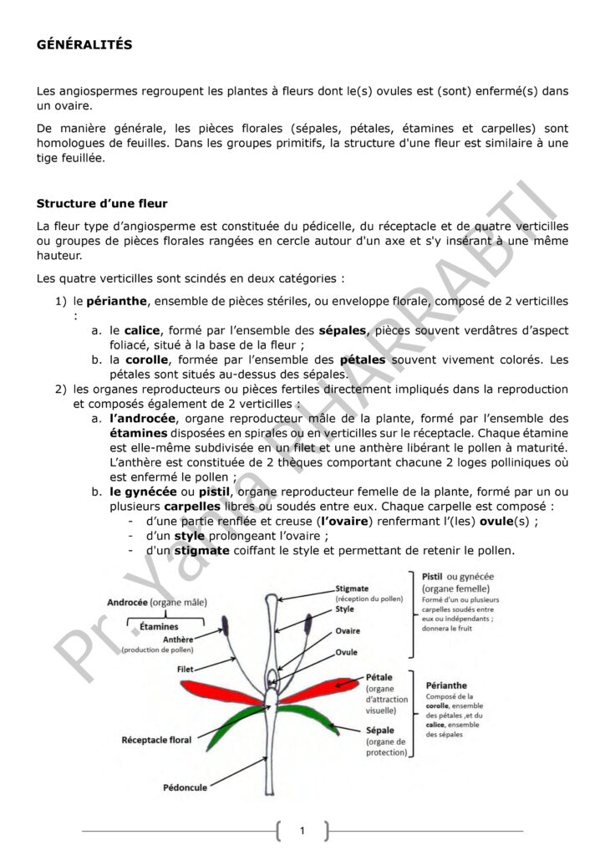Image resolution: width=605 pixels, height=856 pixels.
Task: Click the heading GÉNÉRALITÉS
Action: point(84,45)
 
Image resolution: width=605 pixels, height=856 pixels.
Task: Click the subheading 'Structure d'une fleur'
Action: point(102,203)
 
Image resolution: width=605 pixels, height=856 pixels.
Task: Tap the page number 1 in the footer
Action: point(302,830)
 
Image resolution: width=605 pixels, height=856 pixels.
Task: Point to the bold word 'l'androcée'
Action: point(142,418)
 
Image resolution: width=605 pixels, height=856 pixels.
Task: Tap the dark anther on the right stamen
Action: point(308,623)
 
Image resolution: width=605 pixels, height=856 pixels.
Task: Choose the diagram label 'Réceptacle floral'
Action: point(156,740)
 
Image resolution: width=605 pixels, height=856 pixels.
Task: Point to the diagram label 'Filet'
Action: point(186,669)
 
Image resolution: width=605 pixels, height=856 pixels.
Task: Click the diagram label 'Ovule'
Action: point(347,651)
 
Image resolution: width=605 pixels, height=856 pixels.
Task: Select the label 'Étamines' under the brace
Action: point(159,625)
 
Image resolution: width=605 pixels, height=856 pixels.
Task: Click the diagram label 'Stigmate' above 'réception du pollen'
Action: point(352,588)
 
